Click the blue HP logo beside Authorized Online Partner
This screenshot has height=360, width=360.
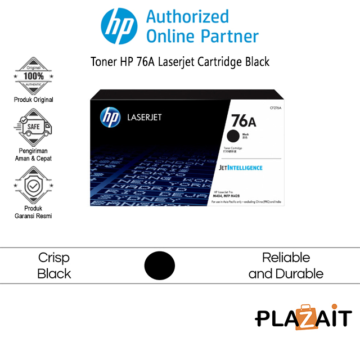119,27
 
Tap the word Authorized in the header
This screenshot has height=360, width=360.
187,16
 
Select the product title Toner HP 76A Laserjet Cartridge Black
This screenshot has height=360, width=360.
180,62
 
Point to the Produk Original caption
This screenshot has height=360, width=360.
33,100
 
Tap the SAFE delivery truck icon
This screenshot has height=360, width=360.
33,127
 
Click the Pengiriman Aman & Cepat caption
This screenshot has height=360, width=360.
33,154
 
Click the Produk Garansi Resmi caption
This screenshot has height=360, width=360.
33,212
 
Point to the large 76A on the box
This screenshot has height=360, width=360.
244,120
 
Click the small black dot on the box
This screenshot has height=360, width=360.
232,136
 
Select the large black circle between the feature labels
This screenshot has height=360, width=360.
160,265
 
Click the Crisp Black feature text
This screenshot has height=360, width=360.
54,265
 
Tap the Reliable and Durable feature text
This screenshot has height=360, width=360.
286,265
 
